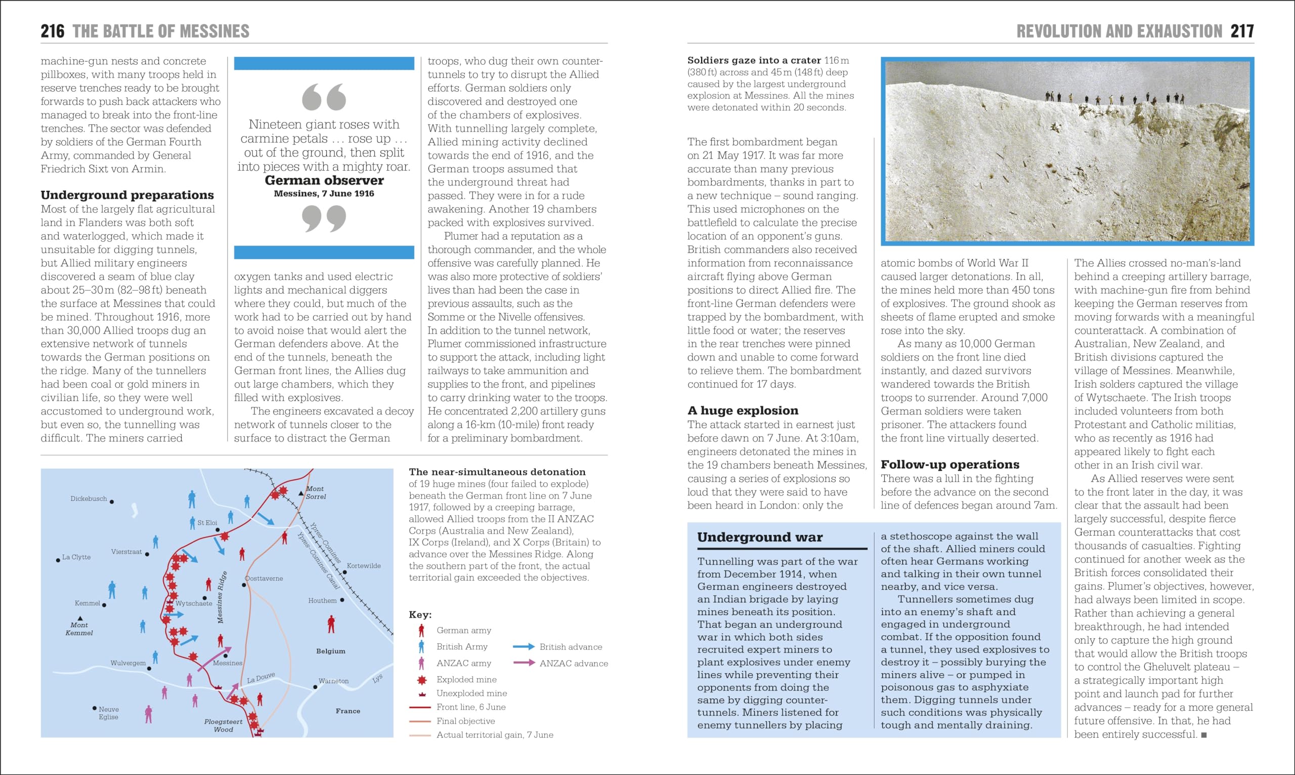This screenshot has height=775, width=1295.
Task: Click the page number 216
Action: point(52,31)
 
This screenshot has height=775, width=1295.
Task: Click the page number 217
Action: point(1242,31)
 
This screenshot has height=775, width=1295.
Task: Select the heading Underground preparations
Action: point(127,195)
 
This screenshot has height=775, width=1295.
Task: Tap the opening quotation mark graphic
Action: point(324,97)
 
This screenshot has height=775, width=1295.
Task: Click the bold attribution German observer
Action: point(324,180)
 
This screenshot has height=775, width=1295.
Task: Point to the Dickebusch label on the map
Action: point(89,499)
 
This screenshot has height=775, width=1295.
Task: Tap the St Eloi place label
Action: point(207,523)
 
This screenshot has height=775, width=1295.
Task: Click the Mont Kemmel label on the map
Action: point(79,629)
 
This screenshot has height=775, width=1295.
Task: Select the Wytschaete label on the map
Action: point(194,604)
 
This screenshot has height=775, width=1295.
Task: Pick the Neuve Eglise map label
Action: point(109,713)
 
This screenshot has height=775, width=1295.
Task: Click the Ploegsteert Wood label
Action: point(223,725)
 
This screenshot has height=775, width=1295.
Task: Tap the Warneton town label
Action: point(333,681)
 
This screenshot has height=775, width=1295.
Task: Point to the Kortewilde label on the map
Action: point(364,565)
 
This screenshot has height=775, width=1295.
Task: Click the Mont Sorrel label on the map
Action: point(316,493)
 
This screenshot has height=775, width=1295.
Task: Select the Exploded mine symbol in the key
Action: point(421,679)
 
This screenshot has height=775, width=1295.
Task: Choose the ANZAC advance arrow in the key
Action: point(524,663)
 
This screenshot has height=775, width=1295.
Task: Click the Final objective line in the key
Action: point(420,721)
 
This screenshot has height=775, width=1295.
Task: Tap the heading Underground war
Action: point(760,538)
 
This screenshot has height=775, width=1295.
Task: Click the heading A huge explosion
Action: point(743,411)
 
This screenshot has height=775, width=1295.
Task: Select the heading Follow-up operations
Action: point(949,464)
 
